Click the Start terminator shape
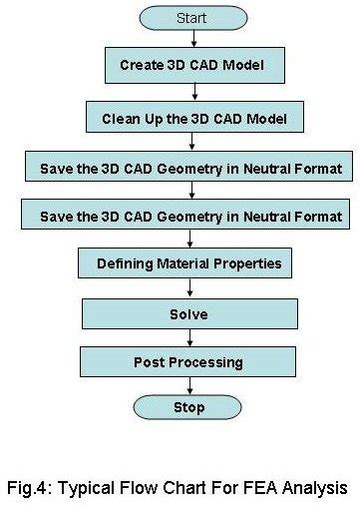190,18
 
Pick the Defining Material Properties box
188,264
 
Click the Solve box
188,313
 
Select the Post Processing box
188,361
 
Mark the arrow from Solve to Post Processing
189,337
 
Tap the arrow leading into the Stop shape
189,385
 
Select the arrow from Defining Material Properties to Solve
189,289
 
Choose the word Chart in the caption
190,488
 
